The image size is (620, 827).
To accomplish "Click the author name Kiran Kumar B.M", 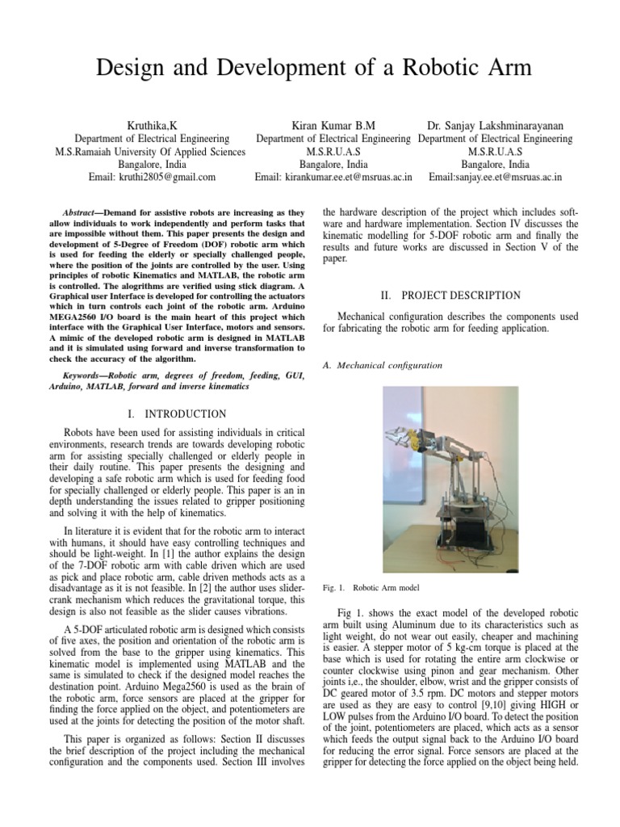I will (x=333, y=126).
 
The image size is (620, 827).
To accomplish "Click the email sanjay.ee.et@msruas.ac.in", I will (x=508, y=176).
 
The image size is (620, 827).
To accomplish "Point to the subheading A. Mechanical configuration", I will (x=382, y=365).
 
